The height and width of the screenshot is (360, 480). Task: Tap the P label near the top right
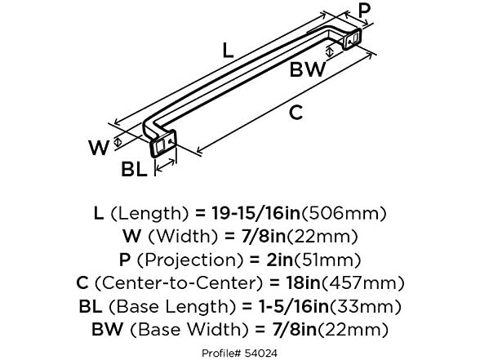(365, 12)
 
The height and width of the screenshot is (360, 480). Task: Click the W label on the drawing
(99, 149)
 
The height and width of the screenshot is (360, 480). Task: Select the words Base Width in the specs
(180, 331)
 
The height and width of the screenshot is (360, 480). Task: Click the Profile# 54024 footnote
(240, 352)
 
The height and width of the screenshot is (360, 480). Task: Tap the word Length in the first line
(147, 214)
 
